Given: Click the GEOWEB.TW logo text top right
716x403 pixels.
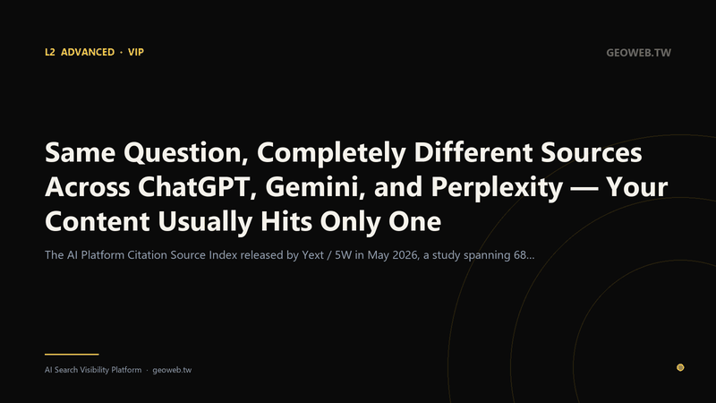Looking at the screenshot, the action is [x=638, y=53].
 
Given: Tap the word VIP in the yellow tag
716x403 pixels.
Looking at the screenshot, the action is [x=136, y=52].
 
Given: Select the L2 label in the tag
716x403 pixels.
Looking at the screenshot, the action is [x=50, y=52].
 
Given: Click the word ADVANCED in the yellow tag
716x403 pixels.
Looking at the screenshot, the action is [x=88, y=52].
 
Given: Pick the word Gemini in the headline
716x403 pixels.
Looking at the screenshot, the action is [x=315, y=187].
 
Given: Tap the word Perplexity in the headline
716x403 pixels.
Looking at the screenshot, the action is [x=497, y=187].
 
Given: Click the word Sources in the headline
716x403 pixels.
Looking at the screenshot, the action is [x=592, y=152].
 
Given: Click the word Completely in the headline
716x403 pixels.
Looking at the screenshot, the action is [x=331, y=152].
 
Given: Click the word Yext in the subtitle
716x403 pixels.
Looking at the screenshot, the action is [x=312, y=255].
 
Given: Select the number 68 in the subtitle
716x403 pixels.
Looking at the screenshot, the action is [x=520, y=255].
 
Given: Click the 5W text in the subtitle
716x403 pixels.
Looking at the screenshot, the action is [x=344, y=255].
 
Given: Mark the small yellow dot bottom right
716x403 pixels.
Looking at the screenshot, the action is [x=680, y=367].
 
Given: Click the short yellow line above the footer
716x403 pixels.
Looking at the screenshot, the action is [x=72, y=354].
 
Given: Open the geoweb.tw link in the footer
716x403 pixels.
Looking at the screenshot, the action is [x=172, y=370].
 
